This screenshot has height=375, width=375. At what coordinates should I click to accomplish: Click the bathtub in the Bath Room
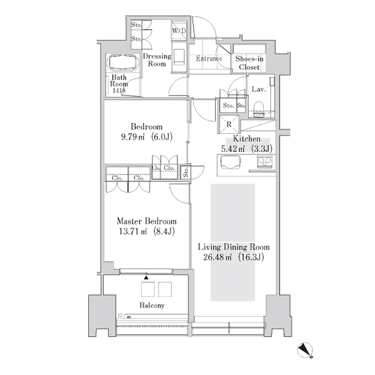(124, 62)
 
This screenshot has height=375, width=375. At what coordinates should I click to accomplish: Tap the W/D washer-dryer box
(179, 31)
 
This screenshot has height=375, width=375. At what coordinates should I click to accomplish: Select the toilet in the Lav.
(258, 109)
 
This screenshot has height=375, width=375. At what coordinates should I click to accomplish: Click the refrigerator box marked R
(229, 124)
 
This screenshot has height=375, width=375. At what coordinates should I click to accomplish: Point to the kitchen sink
(230, 162)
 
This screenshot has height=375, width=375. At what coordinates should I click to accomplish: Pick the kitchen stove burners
(265, 161)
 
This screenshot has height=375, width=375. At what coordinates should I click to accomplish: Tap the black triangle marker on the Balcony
(146, 277)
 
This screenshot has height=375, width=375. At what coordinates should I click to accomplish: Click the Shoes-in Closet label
(249, 62)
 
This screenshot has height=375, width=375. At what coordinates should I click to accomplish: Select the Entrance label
(209, 59)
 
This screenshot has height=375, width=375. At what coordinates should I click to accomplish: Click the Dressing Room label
(157, 60)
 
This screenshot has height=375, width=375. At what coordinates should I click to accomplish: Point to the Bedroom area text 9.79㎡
(132, 137)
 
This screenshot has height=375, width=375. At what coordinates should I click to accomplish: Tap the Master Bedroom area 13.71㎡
(132, 231)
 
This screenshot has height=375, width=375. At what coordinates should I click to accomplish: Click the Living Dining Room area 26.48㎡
(217, 257)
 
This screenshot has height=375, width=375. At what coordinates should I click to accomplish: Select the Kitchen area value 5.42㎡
(232, 149)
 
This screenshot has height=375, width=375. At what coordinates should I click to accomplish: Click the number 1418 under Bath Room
(119, 91)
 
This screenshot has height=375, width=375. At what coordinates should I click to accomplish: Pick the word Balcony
(152, 306)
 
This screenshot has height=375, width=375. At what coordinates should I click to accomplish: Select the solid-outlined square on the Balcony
(147, 289)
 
